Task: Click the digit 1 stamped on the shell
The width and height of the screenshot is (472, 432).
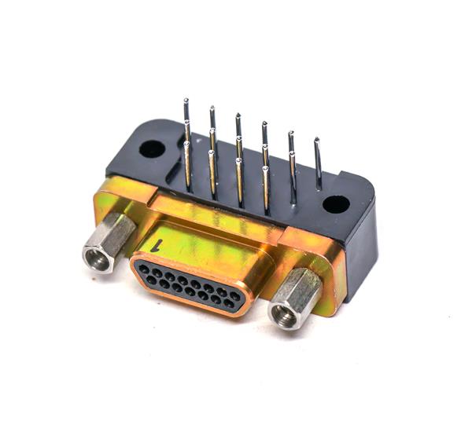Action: [x=161, y=244]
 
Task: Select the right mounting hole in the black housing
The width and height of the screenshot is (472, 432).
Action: [x=336, y=206]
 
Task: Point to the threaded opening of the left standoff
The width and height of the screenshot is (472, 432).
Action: [x=97, y=258]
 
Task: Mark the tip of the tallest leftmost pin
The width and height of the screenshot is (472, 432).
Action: [x=186, y=101]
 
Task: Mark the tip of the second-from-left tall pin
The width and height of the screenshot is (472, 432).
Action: [x=212, y=108]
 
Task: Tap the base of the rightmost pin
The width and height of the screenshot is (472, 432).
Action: [x=319, y=189]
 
